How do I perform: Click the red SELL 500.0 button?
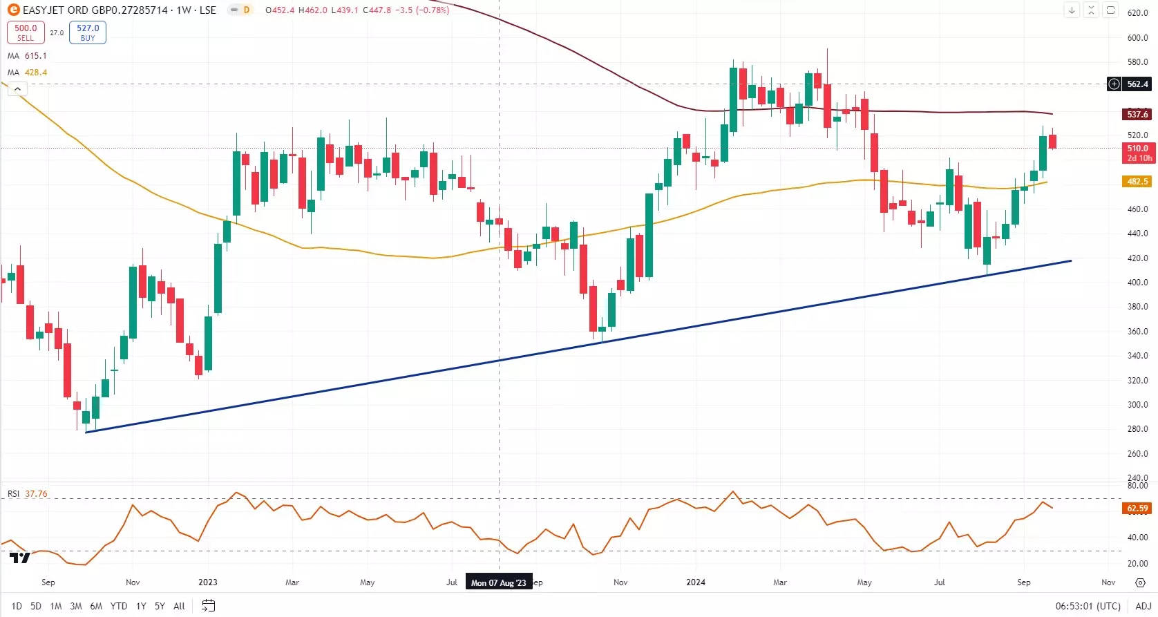(x=26, y=32)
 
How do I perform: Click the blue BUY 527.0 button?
(x=88, y=32)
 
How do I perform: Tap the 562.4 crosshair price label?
(x=1137, y=84)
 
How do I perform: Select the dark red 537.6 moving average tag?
(x=1137, y=115)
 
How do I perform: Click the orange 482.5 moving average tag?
(x=1137, y=182)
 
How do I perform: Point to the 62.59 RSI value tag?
(x=1137, y=509)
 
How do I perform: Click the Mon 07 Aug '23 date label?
(x=498, y=582)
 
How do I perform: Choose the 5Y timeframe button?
(x=160, y=606)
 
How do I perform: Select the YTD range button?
(x=119, y=606)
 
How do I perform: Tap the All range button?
(x=179, y=606)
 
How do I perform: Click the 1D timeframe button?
(x=17, y=606)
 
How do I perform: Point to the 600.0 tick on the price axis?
(x=1137, y=38)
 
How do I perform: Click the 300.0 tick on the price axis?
(x=1137, y=405)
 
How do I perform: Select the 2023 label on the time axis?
(x=208, y=582)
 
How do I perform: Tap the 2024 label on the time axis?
(x=696, y=582)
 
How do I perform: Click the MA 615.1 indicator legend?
(x=28, y=56)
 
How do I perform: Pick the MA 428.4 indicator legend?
(x=28, y=73)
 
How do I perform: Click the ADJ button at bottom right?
(x=1143, y=606)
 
